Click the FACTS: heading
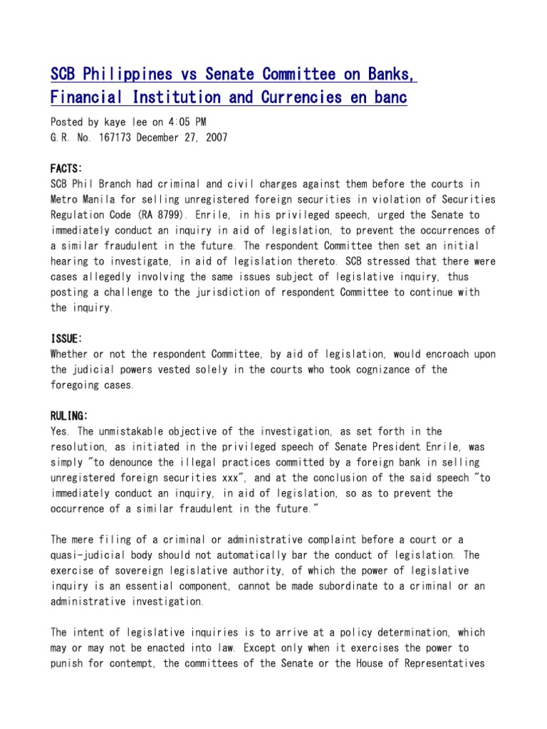point(66,168)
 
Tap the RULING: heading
point(69,416)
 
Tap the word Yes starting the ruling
point(60,431)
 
